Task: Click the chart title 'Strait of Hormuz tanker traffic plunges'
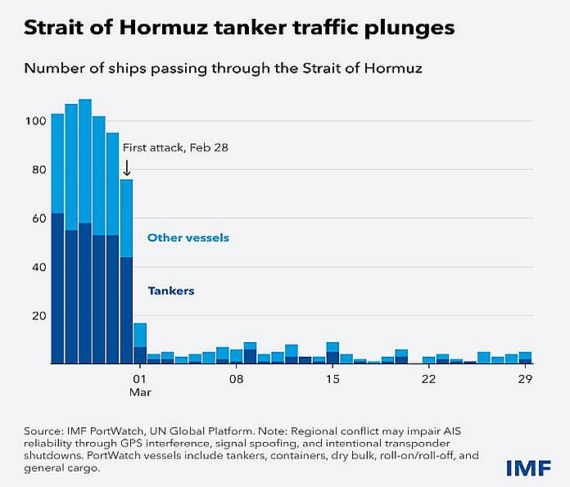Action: (x=239, y=29)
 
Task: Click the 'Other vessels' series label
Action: (x=188, y=238)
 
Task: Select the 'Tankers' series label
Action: (x=170, y=291)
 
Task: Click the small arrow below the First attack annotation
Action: (x=127, y=168)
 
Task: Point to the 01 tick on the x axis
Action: (x=139, y=380)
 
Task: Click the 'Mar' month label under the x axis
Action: (x=141, y=392)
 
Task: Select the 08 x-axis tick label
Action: (x=236, y=380)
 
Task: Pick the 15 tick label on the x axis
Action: (x=332, y=380)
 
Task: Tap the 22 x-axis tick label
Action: (x=428, y=380)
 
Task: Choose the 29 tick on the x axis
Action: (x=524, y=380)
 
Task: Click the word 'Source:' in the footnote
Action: (x=43, y=430)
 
